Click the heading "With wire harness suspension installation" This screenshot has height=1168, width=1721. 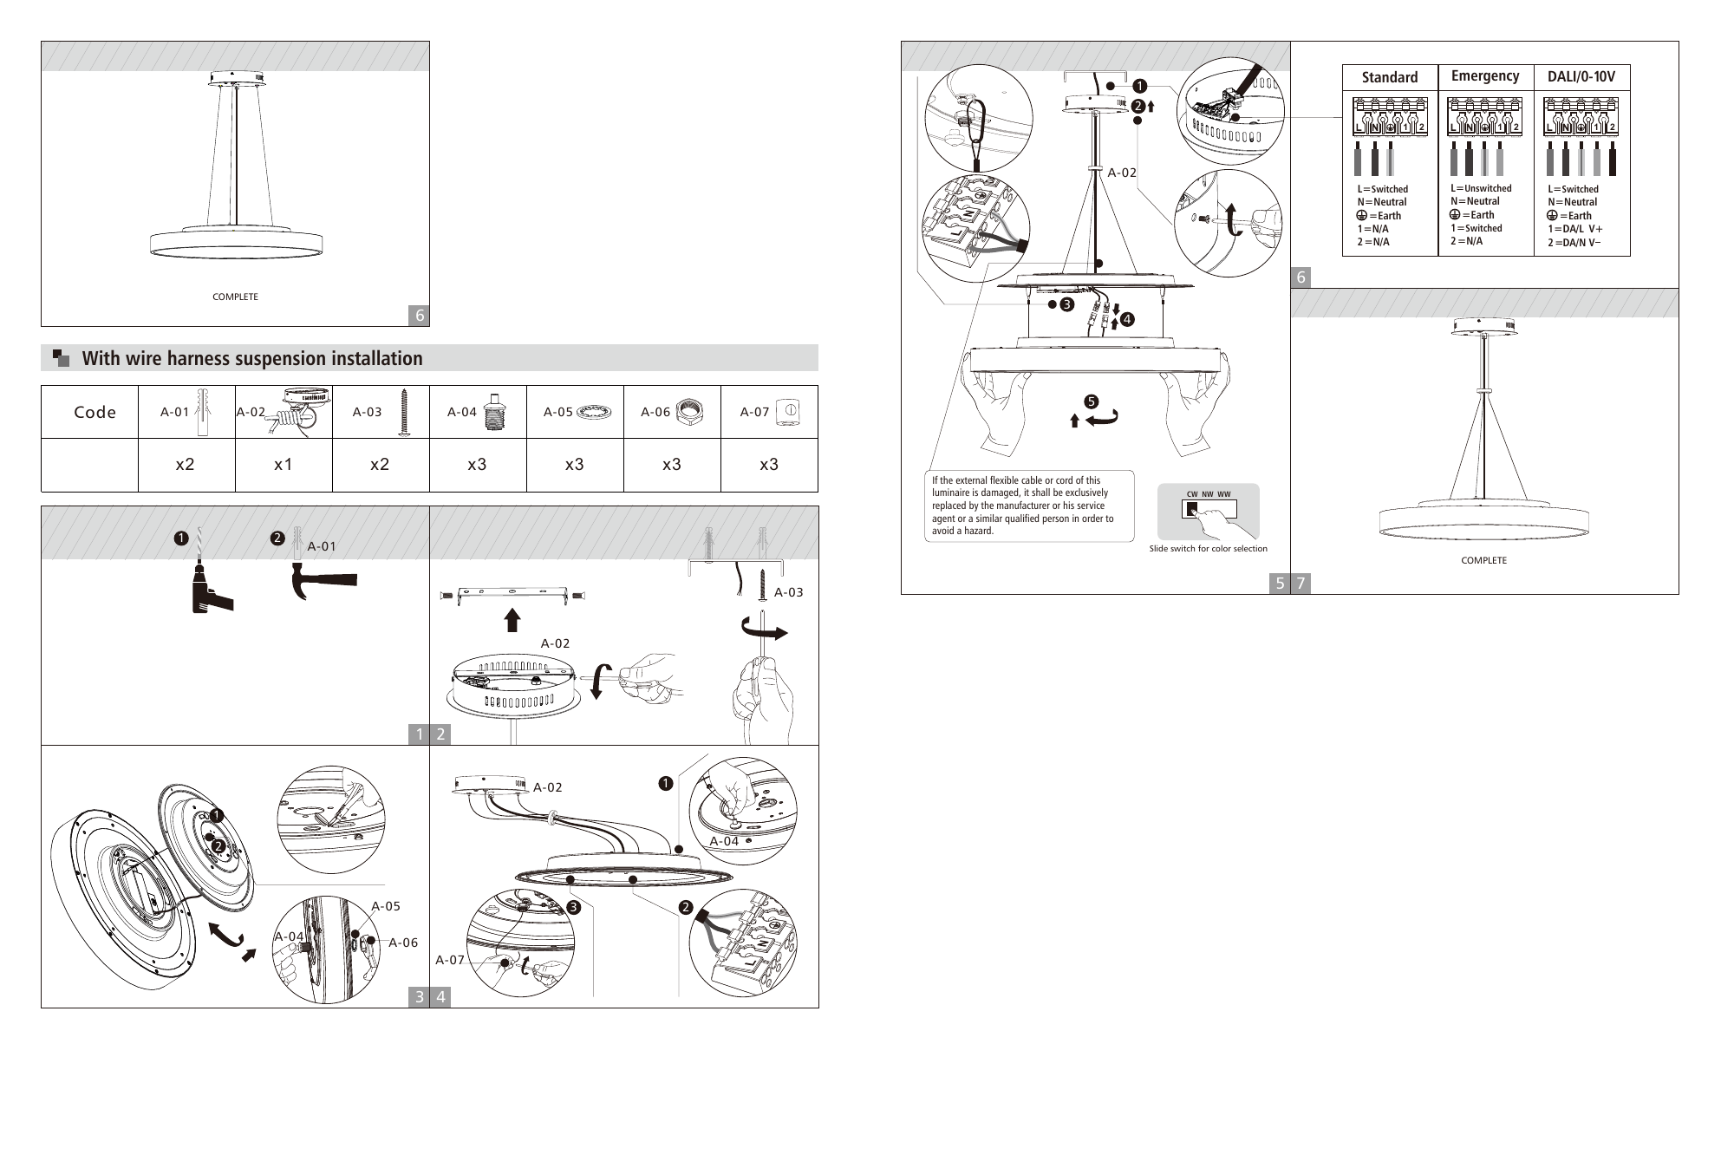point(252,358)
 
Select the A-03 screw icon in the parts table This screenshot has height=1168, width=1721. point(403,412)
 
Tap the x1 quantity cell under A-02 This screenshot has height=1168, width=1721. point(284,465)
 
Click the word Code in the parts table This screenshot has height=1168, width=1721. point(95,412)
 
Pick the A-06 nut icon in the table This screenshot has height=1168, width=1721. point(689,412)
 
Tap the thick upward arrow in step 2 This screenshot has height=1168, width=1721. point(512,619)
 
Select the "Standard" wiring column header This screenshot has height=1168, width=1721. point(1390,77)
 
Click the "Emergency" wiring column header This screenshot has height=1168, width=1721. point(1485,76)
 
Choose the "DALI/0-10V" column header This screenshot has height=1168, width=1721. point(1581,77)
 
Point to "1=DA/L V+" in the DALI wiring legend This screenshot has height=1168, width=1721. point(1575,229)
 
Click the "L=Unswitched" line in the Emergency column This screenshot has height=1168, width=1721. point(1481,188)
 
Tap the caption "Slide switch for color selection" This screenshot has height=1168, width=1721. point(1208,549)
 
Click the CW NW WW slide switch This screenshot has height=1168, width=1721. point(1209,509)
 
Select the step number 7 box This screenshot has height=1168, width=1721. point(1301,584)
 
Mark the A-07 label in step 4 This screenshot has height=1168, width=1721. point(450,960)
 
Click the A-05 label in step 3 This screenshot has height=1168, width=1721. point(386,906)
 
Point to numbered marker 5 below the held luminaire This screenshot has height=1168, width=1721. point(1091,401)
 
